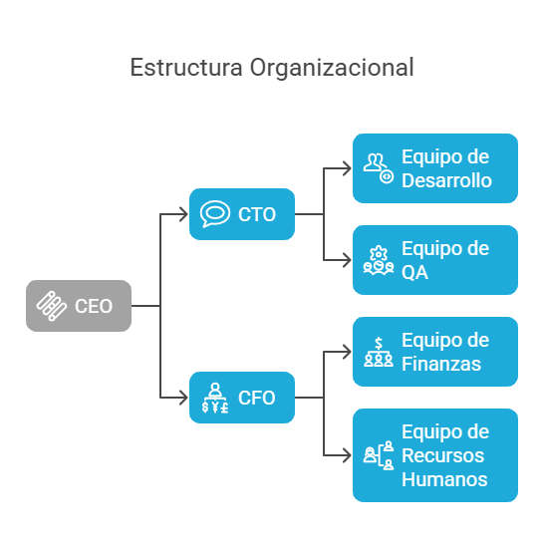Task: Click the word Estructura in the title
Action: tap(186, 67)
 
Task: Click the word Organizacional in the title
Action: tap(332, 68)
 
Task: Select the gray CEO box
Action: tap(79, 306)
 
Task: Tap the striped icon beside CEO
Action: tap(52, 306)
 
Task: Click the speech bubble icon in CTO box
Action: tap(215, 214)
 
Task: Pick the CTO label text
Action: tap(257, 214)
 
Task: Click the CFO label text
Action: tap(256, 398)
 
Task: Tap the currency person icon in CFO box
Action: tap(215, 398)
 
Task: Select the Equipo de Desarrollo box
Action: tap(435, 168)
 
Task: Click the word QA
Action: tap(414, 272)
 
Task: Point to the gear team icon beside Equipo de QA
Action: tap(379, 260)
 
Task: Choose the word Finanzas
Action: tap(441, 364)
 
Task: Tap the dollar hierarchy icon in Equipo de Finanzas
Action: tap(379, 352)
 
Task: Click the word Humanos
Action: tap(444, 479)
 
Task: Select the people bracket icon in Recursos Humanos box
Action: tap(379, 455)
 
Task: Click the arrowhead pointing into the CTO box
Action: tap(184, 214)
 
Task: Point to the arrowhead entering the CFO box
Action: tap(184, 398)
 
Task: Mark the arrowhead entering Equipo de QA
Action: tap(348, 260)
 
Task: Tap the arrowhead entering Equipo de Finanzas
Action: tap(348, 352)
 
